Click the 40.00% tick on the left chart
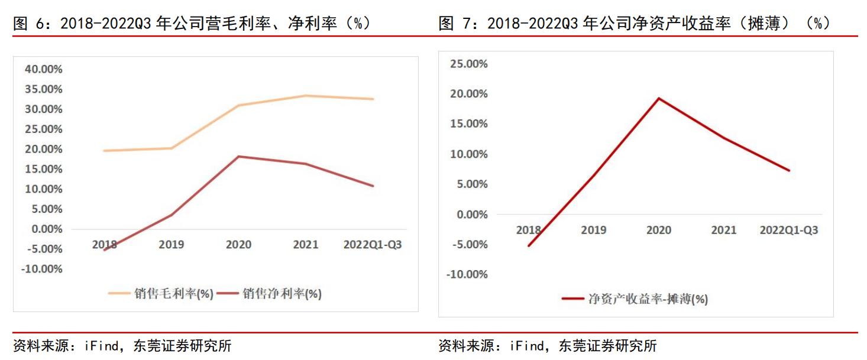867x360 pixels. pyautogui.click(x=43, y=69)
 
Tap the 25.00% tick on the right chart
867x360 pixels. pyautogui.click(x=469, y=64)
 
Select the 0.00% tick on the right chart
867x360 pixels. pyautogui.click(x=471, y=214)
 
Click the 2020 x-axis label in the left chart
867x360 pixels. pyautogui.click(x=238, y=244)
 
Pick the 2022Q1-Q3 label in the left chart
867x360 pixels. pyautogui.click(x=372, y=244)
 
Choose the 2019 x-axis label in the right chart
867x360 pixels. pyautogui.click(x=593, y=230)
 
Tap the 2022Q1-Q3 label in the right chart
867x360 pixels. pyautogui.click(x=788, y=230)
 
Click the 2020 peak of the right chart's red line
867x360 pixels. pyautogui.click(x=658, y=98)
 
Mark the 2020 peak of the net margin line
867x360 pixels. pyautogui.click(x=238, y=156)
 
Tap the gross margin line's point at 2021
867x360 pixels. pyautogui.click(x=306, y=96)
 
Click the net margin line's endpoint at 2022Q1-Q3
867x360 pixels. pyautogui.click(x=373, y=186)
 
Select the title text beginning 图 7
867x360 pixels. pyautogui.click(x=634, y=23)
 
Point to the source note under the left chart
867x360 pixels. pyautogui.click(x=122, y=346)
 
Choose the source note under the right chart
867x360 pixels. pyautogui.click(x=548, y=346)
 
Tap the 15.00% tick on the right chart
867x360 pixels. pyautogui.click(x=469, y=124)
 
